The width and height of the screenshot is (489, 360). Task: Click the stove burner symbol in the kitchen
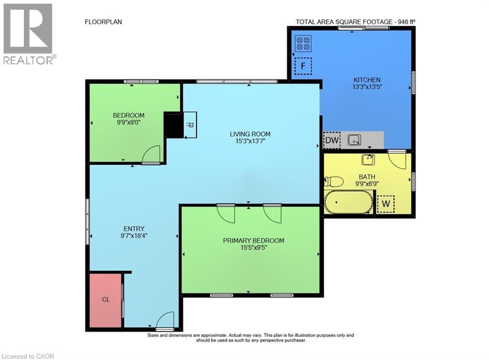[x=303, y=43]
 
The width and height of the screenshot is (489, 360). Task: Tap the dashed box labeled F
[x=303, y=66]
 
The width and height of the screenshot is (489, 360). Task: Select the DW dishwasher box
[x=331, y=140]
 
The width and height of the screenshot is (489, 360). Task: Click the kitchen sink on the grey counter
[x=354, y=140]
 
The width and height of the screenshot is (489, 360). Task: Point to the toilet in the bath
[x=333, y=181]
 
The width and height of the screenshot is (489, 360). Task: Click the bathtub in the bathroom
[x=348, y=202]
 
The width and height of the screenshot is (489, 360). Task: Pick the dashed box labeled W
[x=386, y=204]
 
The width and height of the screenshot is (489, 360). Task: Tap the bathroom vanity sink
[x=368, y=159]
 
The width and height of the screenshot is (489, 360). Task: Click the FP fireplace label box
[x=190, y=125]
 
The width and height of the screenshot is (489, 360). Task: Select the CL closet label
[x=106, y=299]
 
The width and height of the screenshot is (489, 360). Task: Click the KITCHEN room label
[x=367, y=80]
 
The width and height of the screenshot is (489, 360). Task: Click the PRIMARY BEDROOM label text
[x=254, y=241]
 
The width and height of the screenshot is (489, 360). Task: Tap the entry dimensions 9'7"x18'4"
[x=134, y=236]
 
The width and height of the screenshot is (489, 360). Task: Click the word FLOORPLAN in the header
[x=103, y=22]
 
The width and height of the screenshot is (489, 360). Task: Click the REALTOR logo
[x=29, y=34]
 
